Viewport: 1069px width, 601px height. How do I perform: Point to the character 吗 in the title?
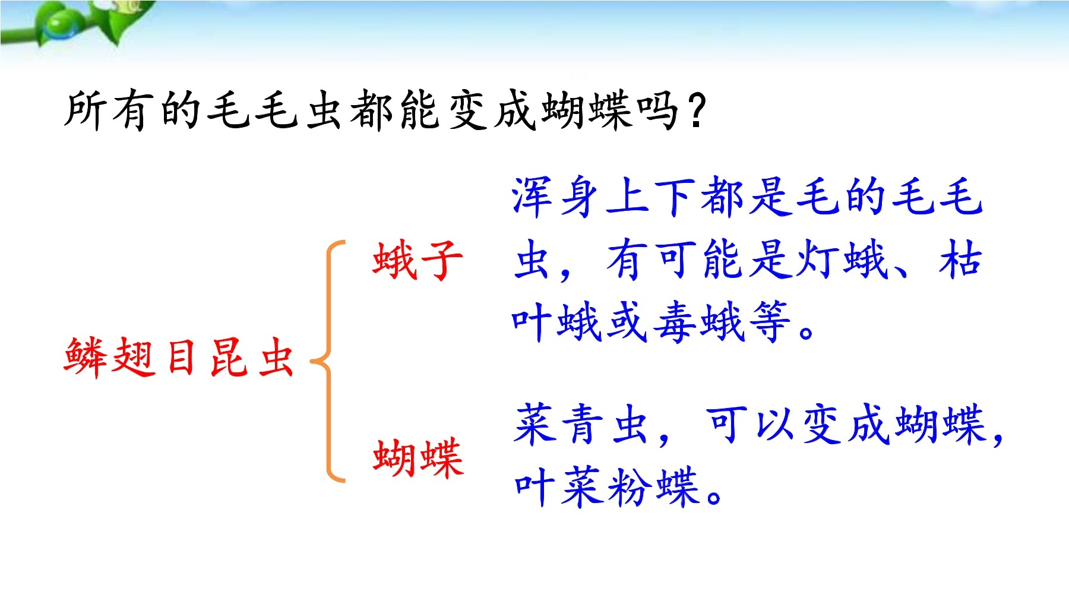pyautogui.click(x=657, y=111)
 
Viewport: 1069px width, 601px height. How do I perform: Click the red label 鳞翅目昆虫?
pyautogui.click(x=179, y=357)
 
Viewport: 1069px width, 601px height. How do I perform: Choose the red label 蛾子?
pyautogui.click(x=418, y=260)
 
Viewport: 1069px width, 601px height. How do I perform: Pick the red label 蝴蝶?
pyautogui.click(x=418, y=457)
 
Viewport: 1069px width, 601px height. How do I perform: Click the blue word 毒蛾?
pyautogui.click(x=699, y=322)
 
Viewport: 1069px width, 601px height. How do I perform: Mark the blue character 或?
pyautogui.click(x=627, y=322)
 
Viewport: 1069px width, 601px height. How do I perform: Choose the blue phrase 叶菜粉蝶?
pyautogui.click(x=606, y=487)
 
